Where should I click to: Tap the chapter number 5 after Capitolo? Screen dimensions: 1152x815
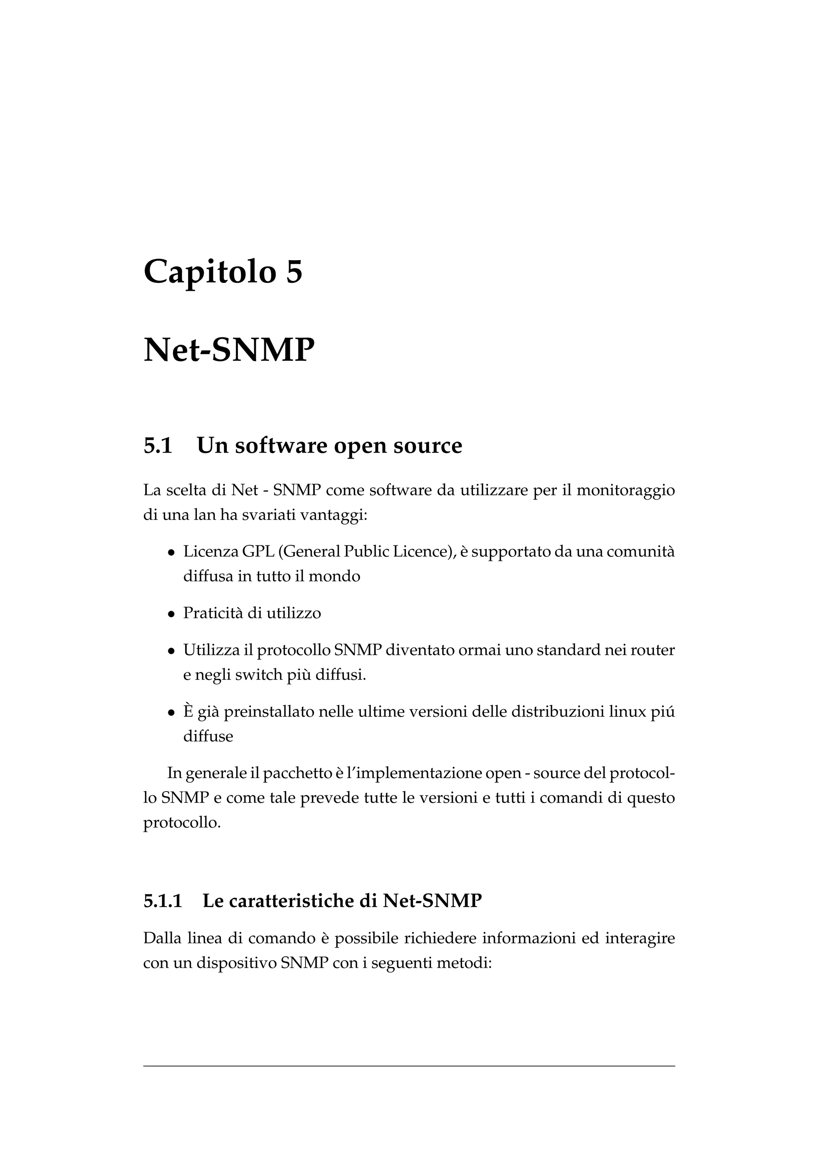294,271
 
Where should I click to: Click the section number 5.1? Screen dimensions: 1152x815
158,446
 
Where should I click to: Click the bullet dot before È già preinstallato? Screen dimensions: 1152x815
172,712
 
